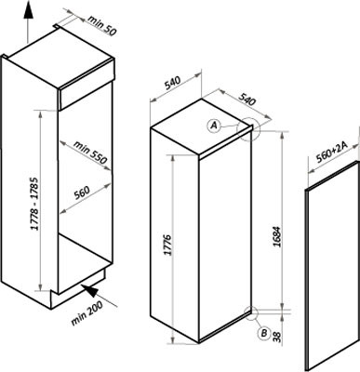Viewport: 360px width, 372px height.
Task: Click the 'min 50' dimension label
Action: (102, 25)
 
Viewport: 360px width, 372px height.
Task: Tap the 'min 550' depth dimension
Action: (90, 153)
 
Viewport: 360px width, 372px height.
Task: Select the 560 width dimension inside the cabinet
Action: (82, 193)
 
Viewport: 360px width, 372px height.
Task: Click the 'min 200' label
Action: (87, 313)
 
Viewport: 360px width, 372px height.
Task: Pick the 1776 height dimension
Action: (167, 245)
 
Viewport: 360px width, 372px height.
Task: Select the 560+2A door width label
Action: (333, 152)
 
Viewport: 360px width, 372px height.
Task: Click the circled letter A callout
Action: (214, 126)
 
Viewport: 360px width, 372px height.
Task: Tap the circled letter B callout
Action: (264, 333)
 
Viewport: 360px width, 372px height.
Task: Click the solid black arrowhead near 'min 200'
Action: (91, 290)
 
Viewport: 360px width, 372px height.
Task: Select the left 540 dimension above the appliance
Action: (172, 83)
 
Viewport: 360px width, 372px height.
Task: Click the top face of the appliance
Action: (201, 126)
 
